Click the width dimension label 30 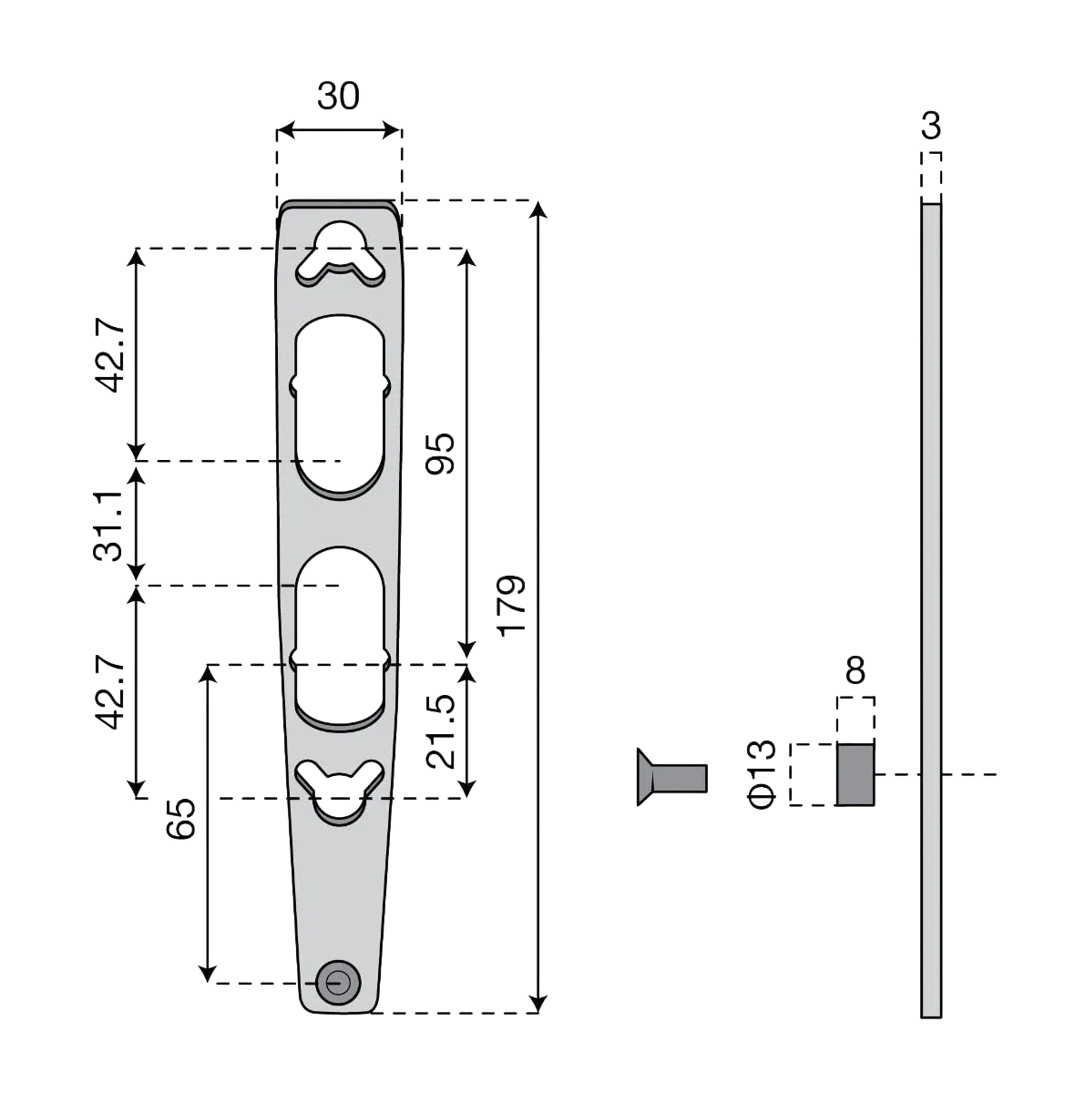point(338,96)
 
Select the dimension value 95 point(440,454)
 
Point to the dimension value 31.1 point(107,526)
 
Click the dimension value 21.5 point(440,731)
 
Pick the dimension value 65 point(180,819)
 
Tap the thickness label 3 point(931,126)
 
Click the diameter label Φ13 point(761,774)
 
